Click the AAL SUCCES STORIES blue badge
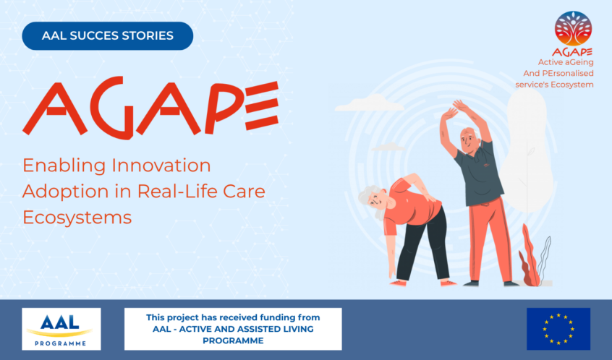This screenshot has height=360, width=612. [107, 36]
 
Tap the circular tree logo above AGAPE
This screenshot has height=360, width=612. [573, 28]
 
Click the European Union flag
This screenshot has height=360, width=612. [558, 329]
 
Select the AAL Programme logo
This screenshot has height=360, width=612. [61, 329]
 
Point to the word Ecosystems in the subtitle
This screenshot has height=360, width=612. [77, 218]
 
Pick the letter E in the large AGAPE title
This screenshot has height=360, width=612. [261, 106]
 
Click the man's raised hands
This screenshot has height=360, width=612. [455, 109]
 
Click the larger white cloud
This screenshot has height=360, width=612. [368, 103]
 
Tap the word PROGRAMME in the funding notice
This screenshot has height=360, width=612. [233, 340]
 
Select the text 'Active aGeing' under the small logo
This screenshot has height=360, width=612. [566, 62]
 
